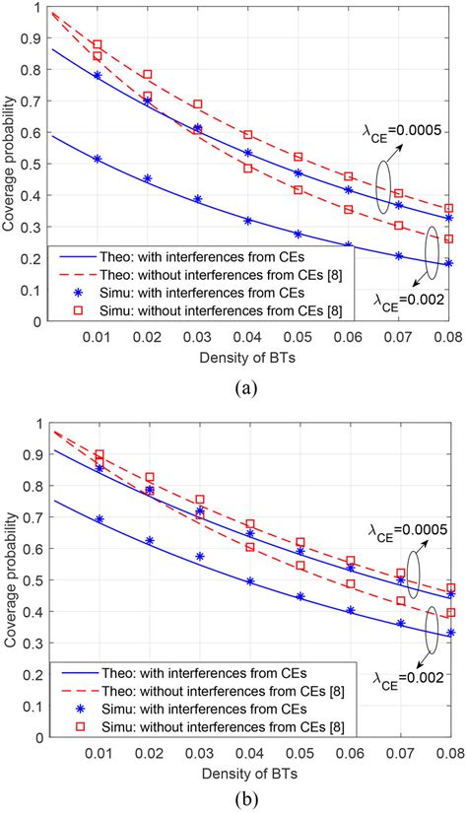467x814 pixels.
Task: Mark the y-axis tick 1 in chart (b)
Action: point(39,423)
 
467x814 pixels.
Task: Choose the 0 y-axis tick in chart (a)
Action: point(39,322)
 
